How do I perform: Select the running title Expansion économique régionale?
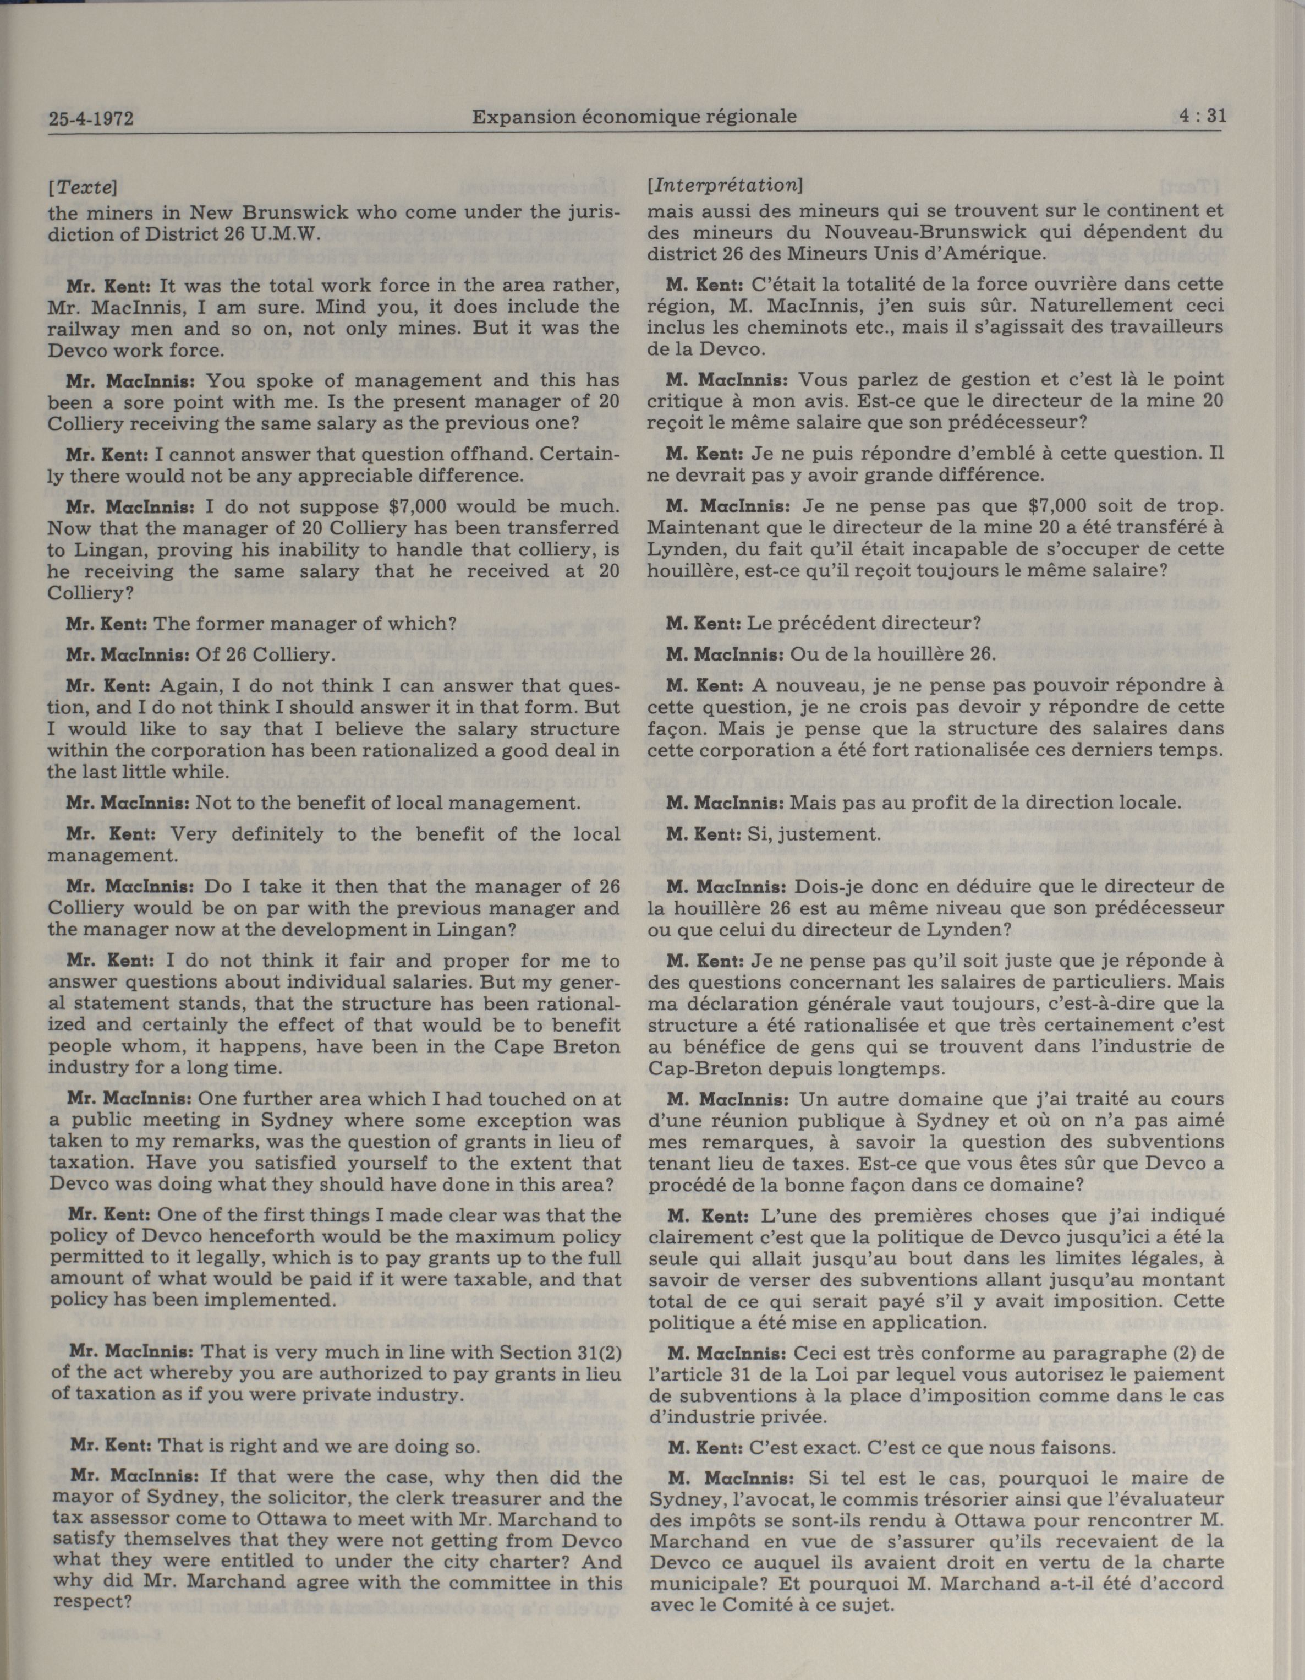coord(634,117)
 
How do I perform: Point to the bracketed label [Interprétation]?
coord(725,186)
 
